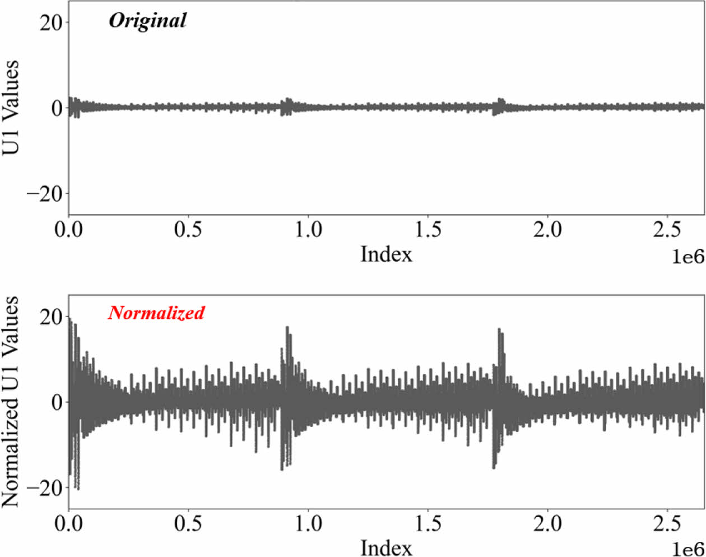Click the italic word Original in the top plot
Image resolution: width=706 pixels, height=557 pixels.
point(147,21)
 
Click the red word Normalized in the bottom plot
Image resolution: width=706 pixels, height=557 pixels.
point(156,313)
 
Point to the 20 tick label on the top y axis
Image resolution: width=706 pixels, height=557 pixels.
point(51,22)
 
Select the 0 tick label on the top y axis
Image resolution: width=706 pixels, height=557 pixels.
point(57,108)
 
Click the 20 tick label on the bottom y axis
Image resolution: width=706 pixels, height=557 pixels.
point(51,317)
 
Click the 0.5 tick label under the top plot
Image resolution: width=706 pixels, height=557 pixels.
point(188,230)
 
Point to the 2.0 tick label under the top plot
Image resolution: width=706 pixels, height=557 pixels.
point(547,230)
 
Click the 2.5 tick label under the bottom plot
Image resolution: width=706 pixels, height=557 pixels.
point(667,523)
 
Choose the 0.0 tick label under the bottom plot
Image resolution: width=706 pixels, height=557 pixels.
point(69,523)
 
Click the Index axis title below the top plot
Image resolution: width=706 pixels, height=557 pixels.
point(386,254)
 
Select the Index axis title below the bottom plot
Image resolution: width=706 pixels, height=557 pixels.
point(386,547)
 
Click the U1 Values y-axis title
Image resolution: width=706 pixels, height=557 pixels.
point(11,107)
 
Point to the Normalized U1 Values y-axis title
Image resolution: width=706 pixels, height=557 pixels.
point(11,401)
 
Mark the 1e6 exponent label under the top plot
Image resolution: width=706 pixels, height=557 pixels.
point(688,257)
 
